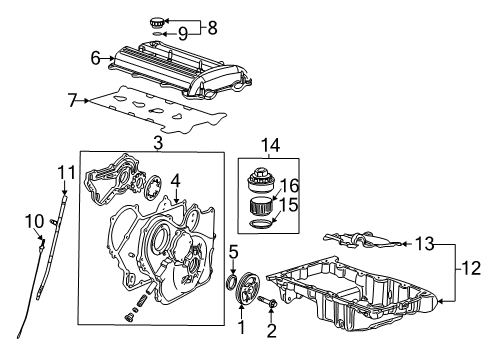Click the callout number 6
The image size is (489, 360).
(x=97, y=59)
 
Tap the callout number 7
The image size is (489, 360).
(x=72, y=100)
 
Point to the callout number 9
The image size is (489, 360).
(x=182, y=33)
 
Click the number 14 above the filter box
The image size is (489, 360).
(x=267, y=146)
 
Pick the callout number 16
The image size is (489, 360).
(x=290, y=184)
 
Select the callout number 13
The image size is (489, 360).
(x=424, y=244)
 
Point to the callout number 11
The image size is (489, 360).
(x=66, y=174)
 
